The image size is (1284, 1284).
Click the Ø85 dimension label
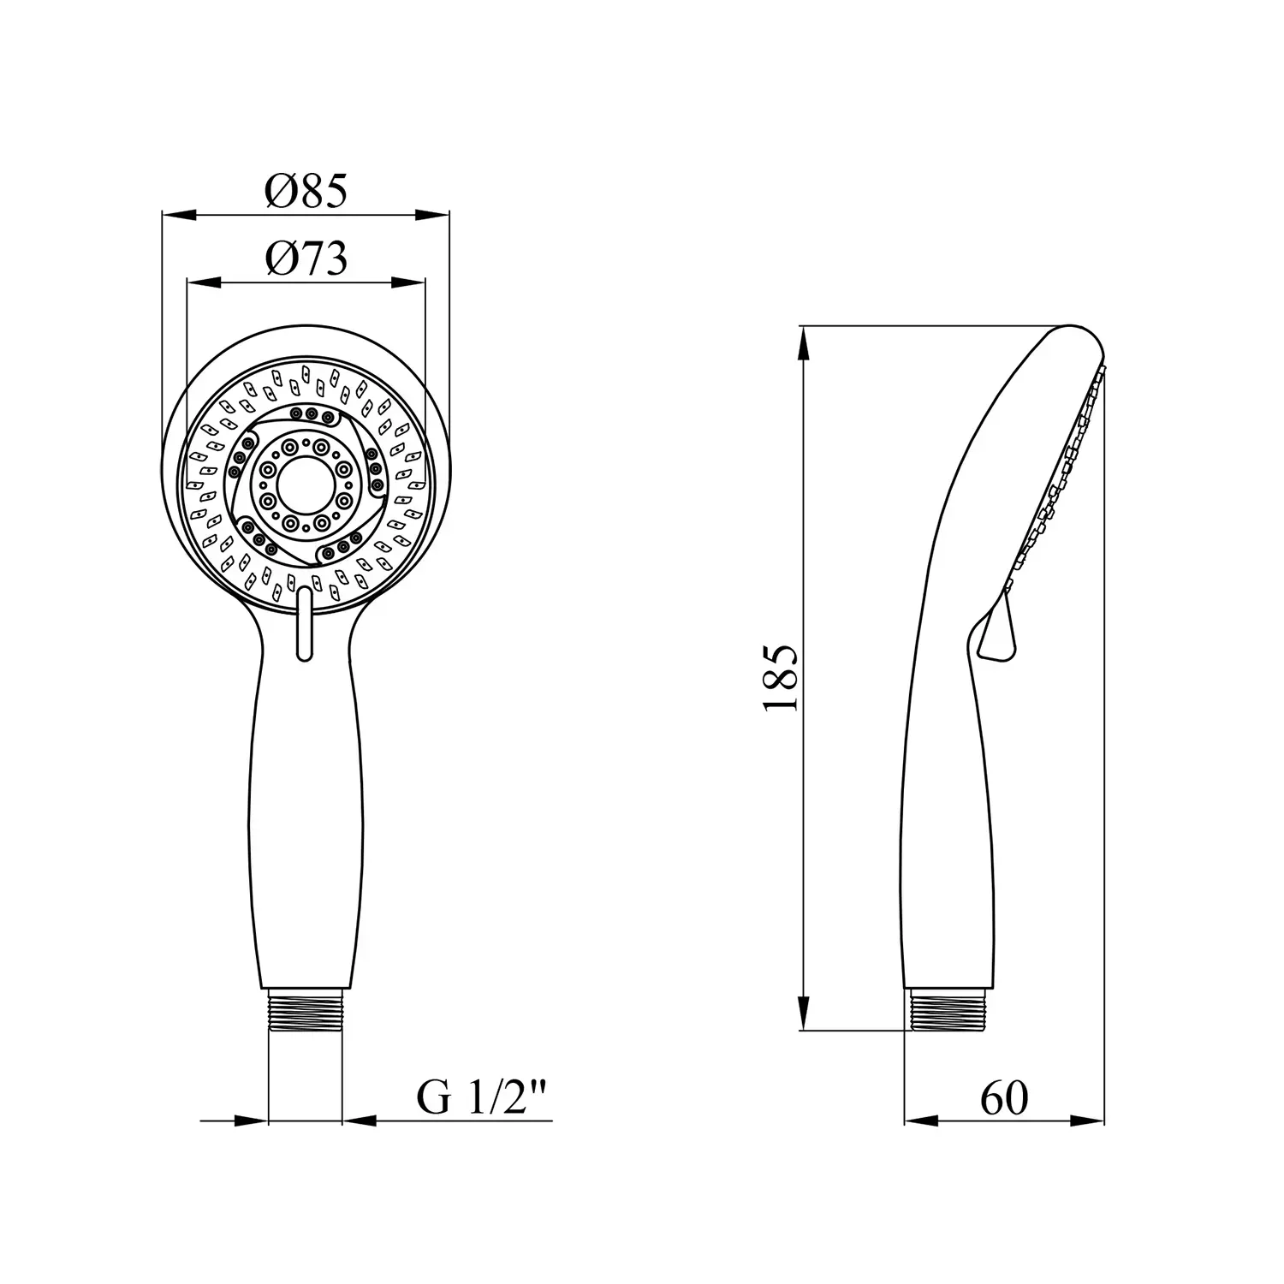pos(306,190)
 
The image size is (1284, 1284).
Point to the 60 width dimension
pos(1003,1098)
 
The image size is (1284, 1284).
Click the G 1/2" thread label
pos(482,1098)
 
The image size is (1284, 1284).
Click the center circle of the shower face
pos(306,484)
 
